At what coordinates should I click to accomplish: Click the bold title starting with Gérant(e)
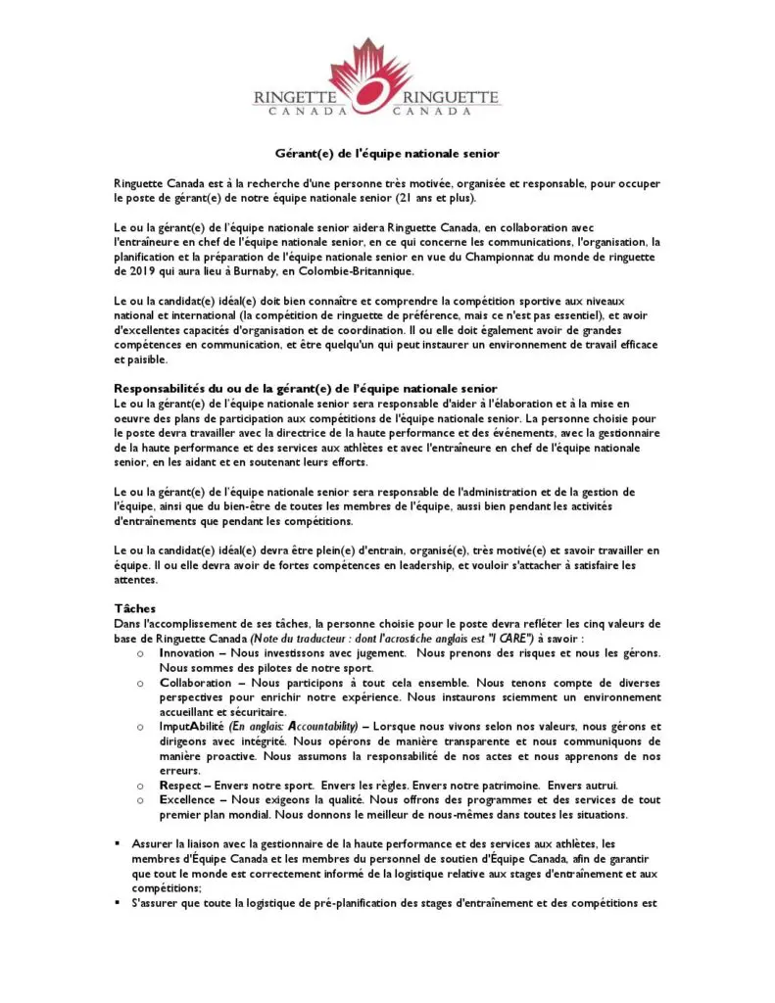click(x=386, y=154)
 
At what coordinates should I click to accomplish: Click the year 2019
click(x=136, y=271)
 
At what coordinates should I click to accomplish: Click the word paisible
click(x=135, y=359)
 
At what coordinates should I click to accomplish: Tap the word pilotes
click(x=252, y=667)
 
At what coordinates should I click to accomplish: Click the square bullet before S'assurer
click(x=118, y=902)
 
